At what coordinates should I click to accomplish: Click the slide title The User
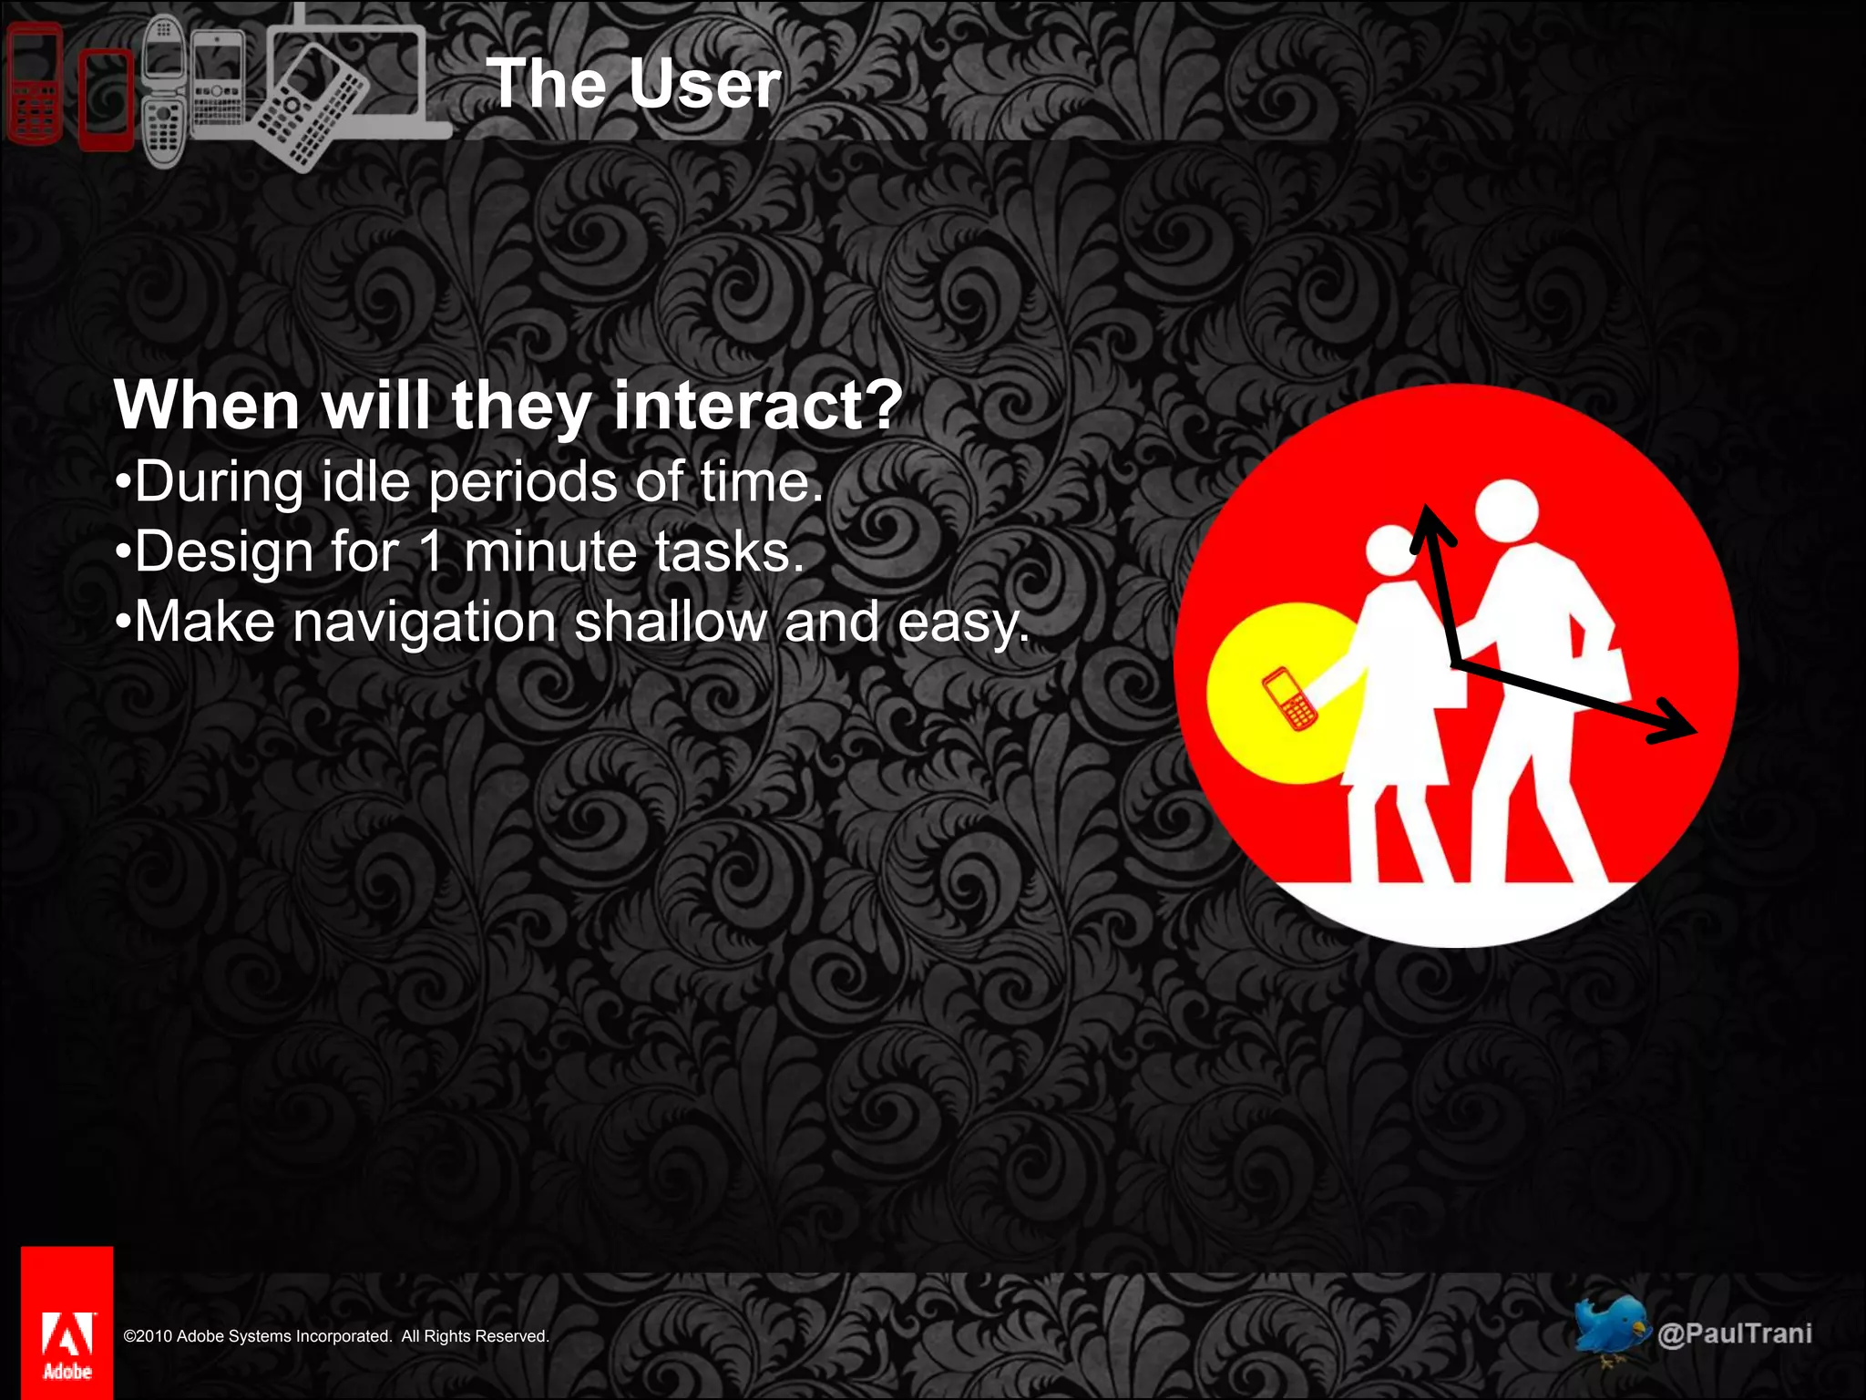coord(634,84)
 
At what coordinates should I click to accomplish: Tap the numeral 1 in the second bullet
coord(431,551)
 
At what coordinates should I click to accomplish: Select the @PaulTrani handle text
coord(1735,1333)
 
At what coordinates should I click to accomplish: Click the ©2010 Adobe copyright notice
coord(336,1336)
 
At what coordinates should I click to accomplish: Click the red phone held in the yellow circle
coord(1288,699)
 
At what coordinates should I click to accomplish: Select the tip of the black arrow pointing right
coord(1693,730)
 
